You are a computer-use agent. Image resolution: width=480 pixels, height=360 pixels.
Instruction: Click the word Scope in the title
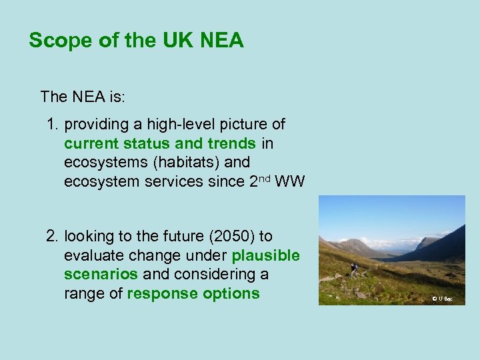tap(56, 41)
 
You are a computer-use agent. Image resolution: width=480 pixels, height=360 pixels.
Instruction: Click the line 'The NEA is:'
tap(83, 97)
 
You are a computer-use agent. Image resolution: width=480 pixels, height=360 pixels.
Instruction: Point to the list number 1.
tap(52, 125)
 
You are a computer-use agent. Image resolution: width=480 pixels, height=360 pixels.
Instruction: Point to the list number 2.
tap(52, 237)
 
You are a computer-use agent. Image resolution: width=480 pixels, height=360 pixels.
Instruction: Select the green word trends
tap(231, 143)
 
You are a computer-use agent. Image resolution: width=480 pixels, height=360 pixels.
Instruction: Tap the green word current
tap(90, 143)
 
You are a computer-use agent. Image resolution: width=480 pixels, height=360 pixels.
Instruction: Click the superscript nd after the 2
tap(263, 178)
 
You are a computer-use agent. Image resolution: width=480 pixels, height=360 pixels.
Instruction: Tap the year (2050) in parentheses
tap(230, 237)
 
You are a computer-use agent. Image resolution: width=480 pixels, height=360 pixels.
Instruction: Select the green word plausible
tap(265, 256)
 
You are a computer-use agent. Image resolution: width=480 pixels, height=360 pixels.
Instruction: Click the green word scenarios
tap(101, 275)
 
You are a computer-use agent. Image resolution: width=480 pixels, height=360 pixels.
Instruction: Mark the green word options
tap(231, 294)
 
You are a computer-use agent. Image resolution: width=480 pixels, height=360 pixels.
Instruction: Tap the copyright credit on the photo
tap(441, 299)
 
